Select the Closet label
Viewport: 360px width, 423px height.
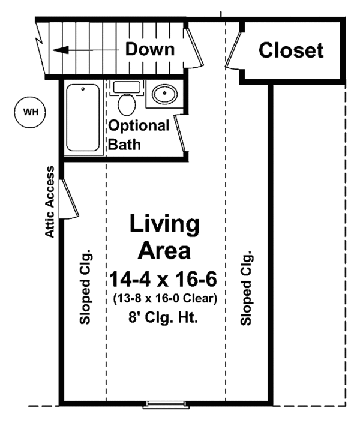pos(291,50)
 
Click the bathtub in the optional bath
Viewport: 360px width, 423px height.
pos(83,118)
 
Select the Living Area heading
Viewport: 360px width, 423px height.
pos(164,236)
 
